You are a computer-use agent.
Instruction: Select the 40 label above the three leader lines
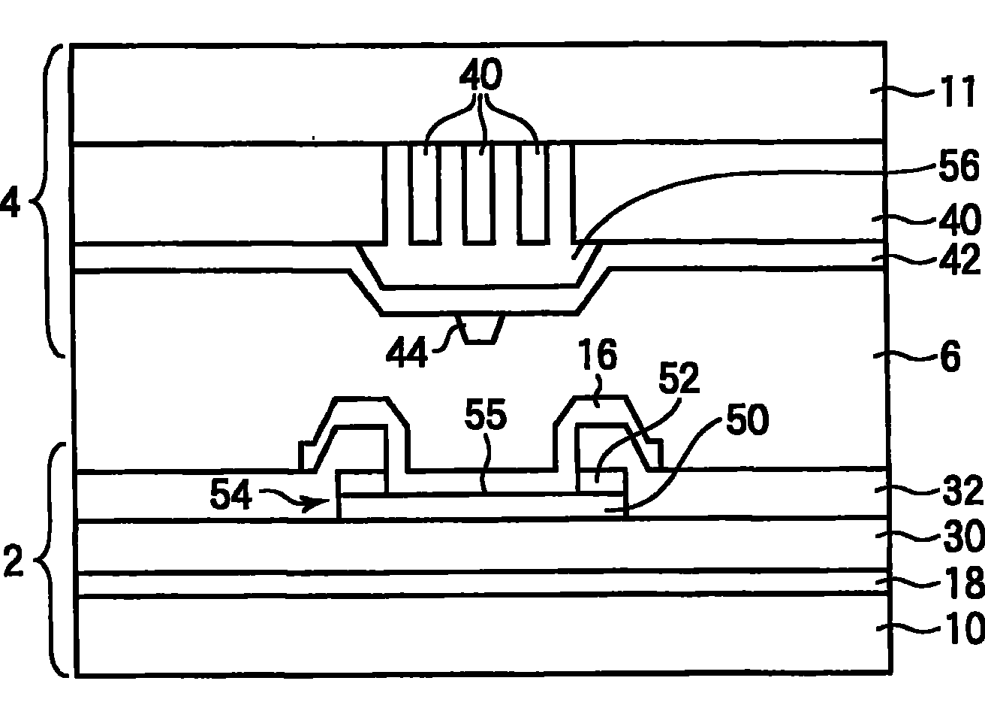click(x=480, y=77)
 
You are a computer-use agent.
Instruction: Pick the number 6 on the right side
click(x=950, y=358)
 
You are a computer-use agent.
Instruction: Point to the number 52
click(x=680, y=380)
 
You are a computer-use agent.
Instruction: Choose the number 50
click(x=746, y=422)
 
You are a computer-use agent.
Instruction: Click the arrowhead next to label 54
click(x=327, y=501)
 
